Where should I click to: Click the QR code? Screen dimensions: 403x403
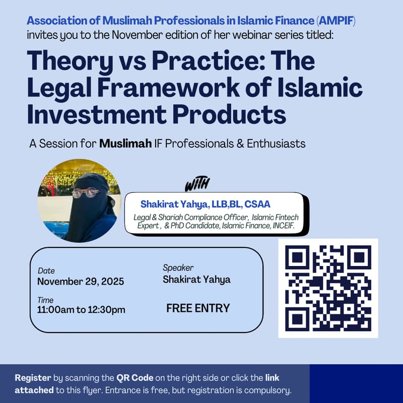point(328,288)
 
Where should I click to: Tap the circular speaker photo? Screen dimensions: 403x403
point(79,200)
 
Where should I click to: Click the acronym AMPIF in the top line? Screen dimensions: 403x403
point(341,21)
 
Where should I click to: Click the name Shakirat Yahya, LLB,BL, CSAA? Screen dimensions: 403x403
point(206,204)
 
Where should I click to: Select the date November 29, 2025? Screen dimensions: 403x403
point(81,281)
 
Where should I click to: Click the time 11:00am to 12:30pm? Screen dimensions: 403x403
point(81,310)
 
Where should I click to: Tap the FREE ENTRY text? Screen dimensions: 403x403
point(198,308)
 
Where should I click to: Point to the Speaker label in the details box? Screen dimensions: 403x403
point(178,268)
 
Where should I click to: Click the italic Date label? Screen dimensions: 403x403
point(46,271)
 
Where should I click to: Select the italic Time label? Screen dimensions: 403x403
point(45,300)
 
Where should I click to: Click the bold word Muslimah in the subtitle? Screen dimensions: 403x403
point(125,144)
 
